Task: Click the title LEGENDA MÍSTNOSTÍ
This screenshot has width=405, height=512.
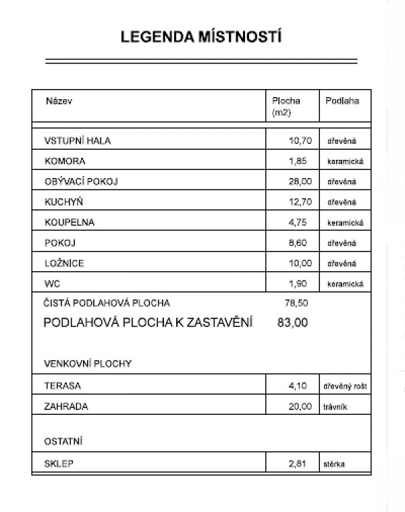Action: tap(201, 37)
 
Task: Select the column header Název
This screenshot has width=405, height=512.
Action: tap(59, 101)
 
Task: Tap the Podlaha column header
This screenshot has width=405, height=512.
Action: tap(342, 101)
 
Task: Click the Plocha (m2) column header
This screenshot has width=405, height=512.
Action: tap(286, 107)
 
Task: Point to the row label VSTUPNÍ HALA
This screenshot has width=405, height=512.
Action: tap(77, 141)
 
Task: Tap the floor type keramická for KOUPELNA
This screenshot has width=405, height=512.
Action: tap(346, 223)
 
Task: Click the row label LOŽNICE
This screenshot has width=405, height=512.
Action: tap(64, 263)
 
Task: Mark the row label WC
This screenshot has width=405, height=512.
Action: tap(52, 283)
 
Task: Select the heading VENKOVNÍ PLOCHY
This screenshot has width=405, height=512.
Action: tap(87, 364)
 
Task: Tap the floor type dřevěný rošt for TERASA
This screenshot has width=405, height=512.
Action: tap(345, 387)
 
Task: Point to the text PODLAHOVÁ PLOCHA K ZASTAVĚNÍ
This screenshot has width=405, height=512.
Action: tap(148, 323)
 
